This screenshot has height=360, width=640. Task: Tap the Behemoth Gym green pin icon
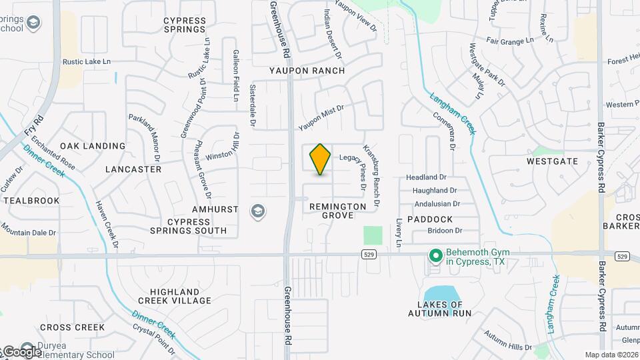435,255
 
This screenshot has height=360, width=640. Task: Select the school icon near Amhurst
257,212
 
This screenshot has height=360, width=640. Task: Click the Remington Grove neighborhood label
338,211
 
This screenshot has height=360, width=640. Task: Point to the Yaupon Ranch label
307,71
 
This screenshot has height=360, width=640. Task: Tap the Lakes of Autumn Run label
440,309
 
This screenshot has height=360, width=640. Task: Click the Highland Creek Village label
175,296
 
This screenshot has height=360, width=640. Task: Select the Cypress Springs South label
187,226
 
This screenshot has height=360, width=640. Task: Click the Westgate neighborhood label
552,161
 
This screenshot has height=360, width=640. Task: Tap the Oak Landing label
93,146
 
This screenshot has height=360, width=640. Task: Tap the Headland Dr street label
426,177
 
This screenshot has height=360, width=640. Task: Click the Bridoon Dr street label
445,231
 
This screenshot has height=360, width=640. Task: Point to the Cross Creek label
72,327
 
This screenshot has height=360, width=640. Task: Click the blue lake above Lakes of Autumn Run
440,293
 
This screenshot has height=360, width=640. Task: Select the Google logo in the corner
21,351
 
